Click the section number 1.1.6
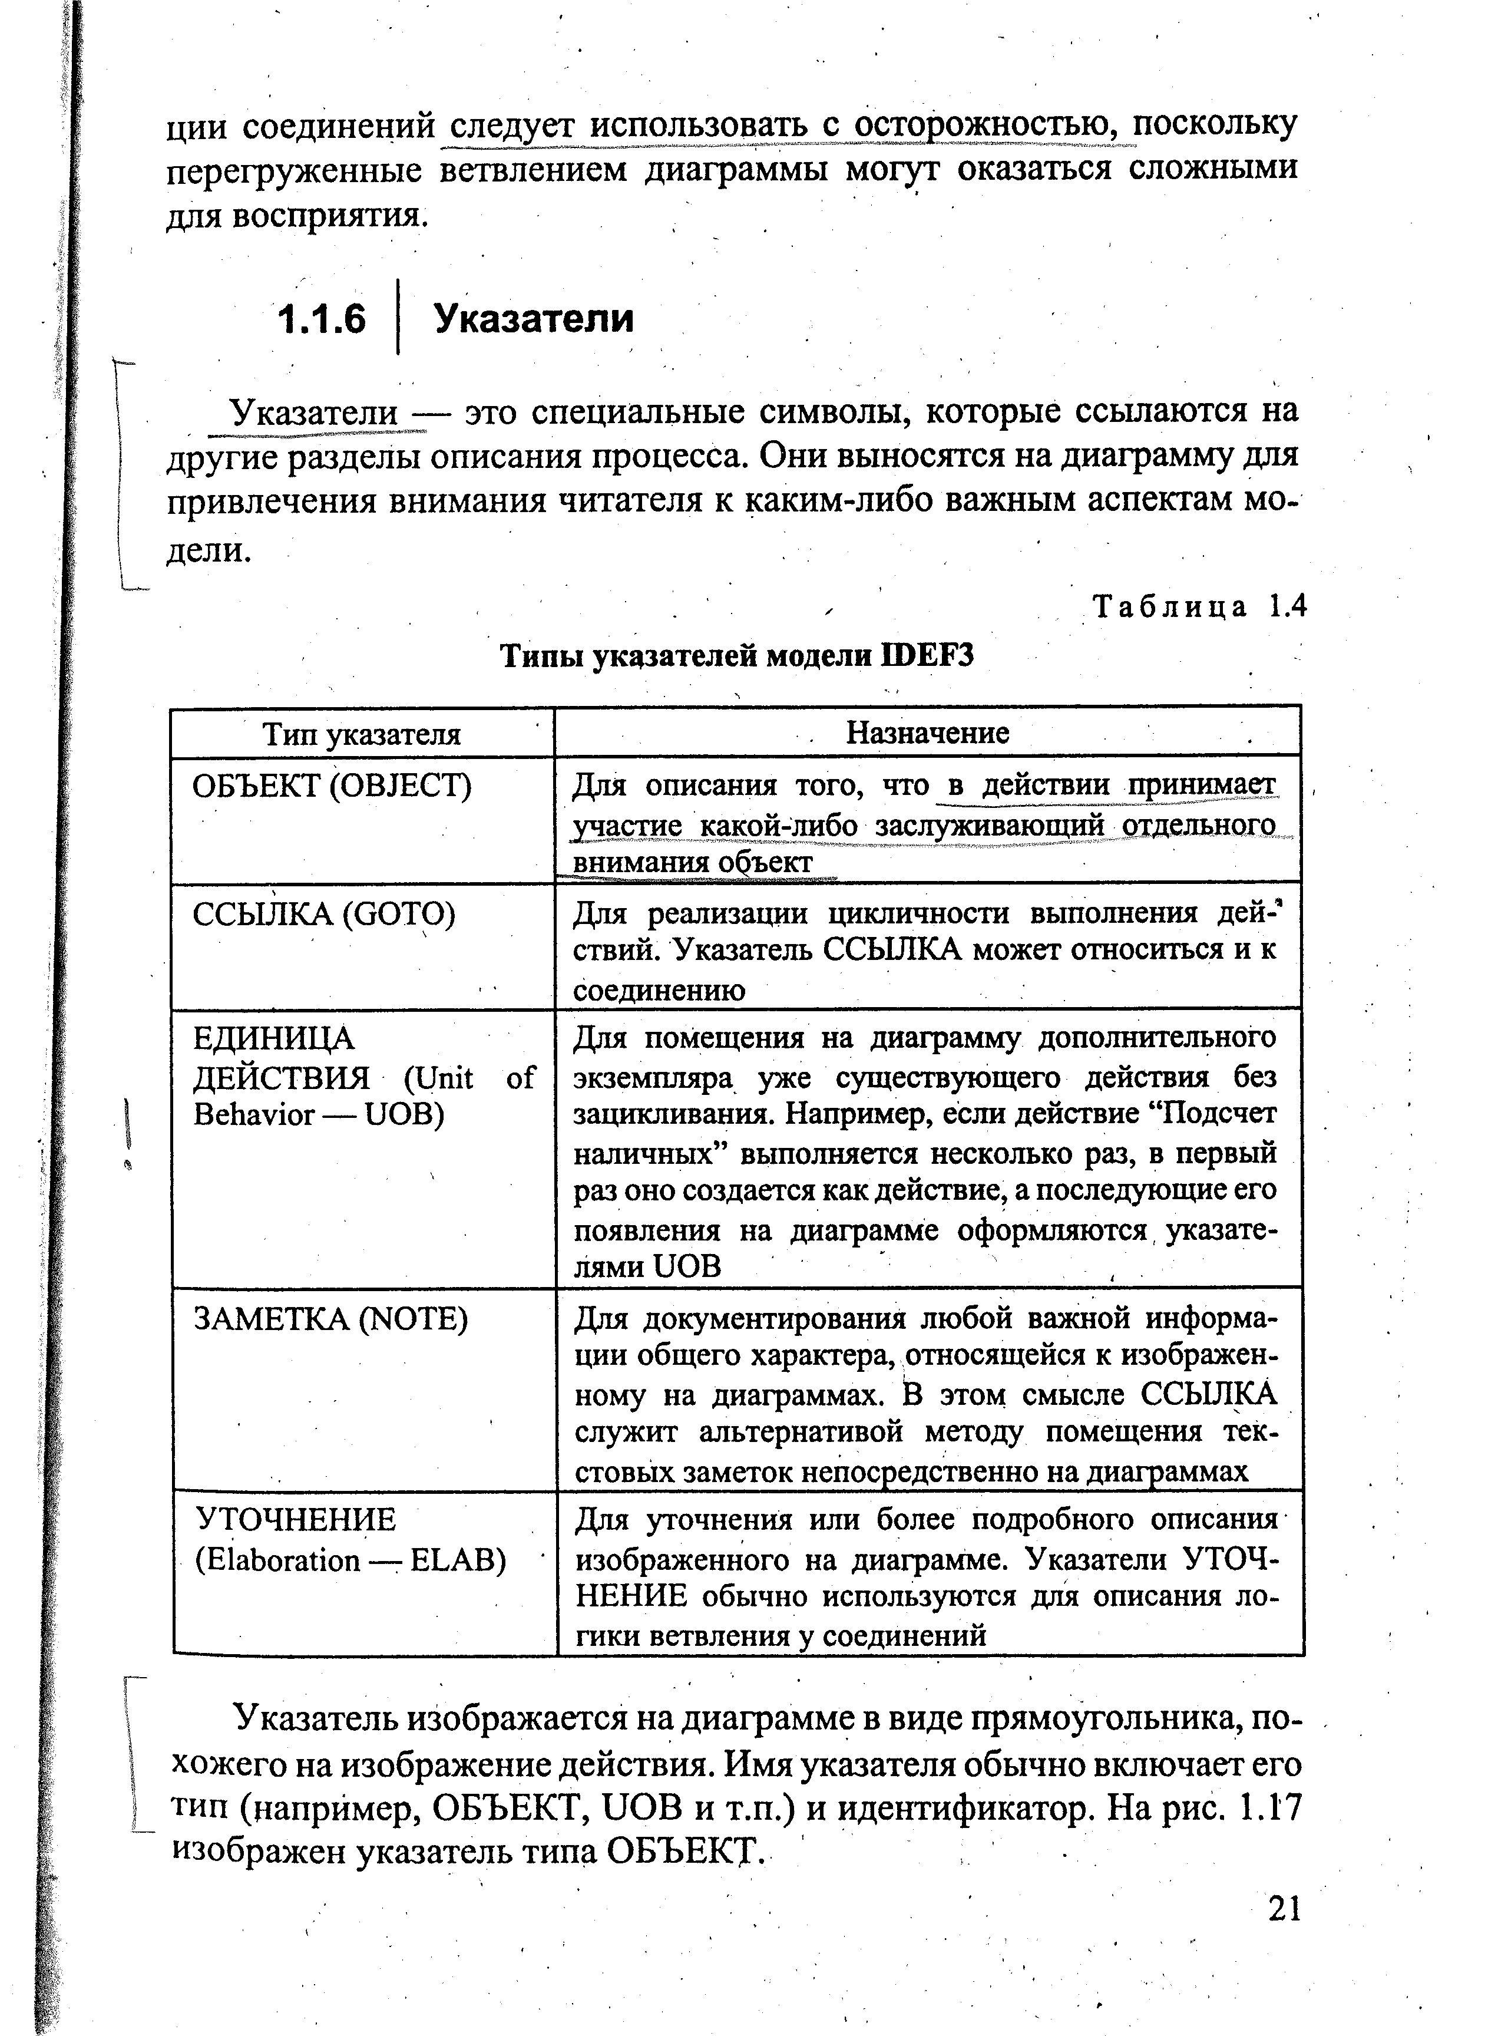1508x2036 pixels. [321, 319]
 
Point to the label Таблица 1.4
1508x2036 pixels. [1199, 606]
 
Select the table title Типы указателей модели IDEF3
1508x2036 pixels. [738, 655]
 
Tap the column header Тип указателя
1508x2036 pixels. [362, 734]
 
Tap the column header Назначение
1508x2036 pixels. [927, 732]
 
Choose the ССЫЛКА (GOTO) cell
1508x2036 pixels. [323, 914]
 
